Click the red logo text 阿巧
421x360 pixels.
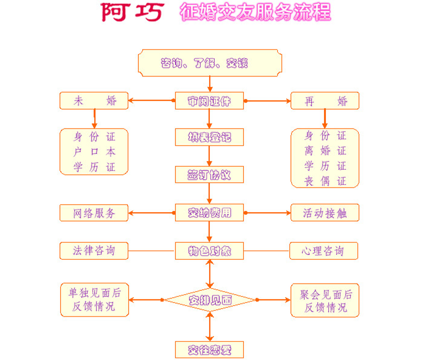tap(132, 12)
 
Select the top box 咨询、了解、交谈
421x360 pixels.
tap(210, 63)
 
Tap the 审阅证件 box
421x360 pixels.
tap(209, 101)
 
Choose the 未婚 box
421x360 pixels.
tap(94, 101)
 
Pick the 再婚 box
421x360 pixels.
tap(325, 101)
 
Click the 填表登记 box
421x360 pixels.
tap(209, 137)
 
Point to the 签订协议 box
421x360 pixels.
tap(209, 175)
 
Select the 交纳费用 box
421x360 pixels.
tap(209, 213)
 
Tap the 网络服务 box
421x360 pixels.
tap(94, 213)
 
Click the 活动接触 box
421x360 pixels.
tap(325, 213)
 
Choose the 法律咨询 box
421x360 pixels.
tap(94, 251)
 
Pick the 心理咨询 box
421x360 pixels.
tap(323, 251)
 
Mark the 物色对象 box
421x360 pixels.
tap(209, 251)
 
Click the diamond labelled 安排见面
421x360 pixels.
tap(210, 300)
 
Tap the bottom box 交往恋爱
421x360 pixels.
tap(209, 350)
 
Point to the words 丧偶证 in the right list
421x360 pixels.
tap(325, 181)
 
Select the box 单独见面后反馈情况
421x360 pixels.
tap(94, 300)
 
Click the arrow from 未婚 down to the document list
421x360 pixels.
tap(94, 119)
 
